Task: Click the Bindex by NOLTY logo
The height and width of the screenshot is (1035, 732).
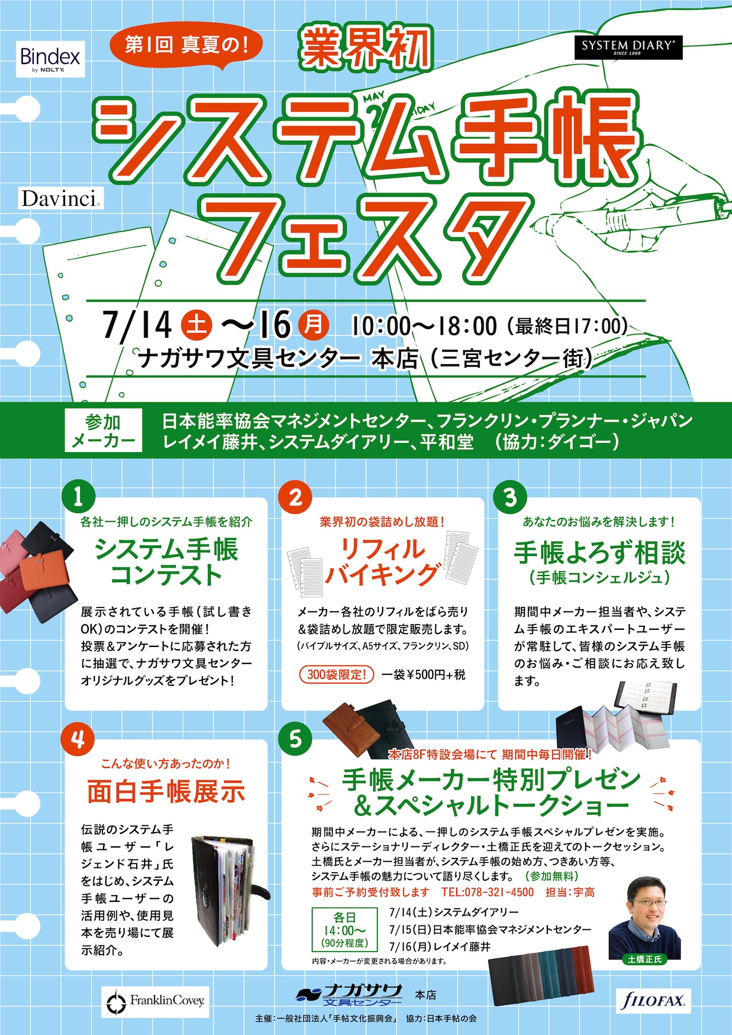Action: pos(50,59)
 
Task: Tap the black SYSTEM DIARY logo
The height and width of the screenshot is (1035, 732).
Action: pos(628,47)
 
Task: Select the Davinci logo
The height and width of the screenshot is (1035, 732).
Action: pos(59,198)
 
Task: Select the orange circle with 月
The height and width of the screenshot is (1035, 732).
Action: pos(313,325)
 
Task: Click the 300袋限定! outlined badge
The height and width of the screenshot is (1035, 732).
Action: pos(336,674)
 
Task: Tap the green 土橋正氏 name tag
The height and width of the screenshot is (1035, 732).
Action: pos(645,959)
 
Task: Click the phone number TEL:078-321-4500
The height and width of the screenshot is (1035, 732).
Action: pos(487,892)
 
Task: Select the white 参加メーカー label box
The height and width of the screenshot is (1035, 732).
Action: pos(103,430)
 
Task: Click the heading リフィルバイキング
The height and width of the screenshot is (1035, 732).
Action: pos(381,561)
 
